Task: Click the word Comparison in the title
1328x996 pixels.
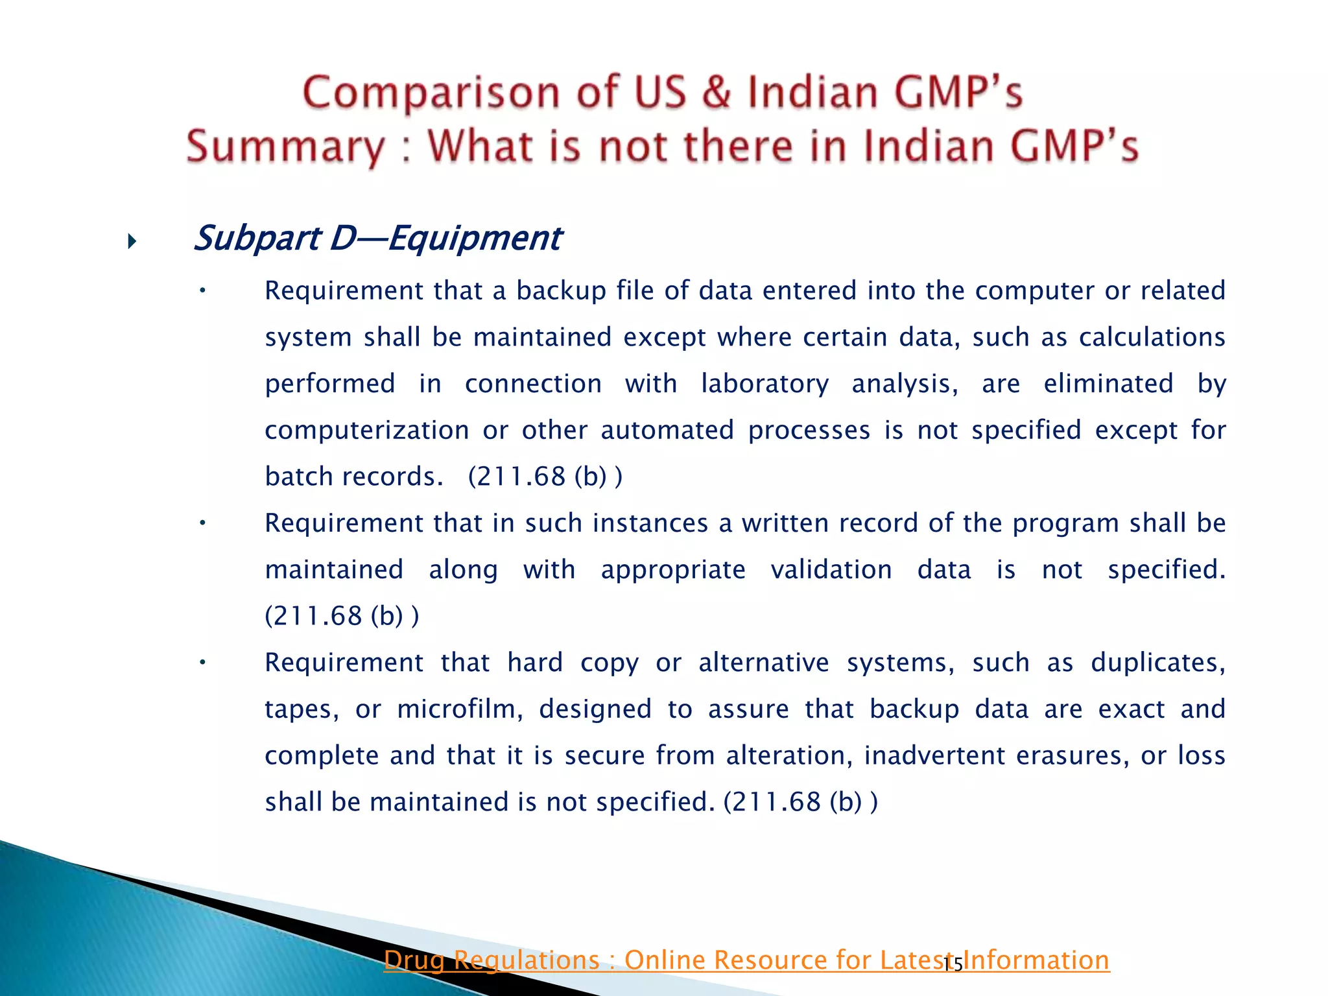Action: pos(431,93)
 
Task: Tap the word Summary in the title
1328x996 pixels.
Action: pos(285,147)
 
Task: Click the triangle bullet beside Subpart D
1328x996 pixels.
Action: pos(132,243)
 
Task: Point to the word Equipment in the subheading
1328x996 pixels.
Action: pos(475,238)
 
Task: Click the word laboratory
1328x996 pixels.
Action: pos(765,384)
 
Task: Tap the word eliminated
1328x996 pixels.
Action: pos(1108,384)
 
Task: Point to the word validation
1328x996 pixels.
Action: pos(831,570)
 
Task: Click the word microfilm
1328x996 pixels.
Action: pos(460,709)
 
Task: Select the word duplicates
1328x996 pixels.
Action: pos(1157,663)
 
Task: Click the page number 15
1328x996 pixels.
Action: pos(953,966)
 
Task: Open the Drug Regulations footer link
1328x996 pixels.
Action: pos(746,960)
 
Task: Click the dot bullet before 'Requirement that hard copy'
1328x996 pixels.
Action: pos(202,663)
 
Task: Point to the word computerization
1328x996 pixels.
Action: pos(367,431)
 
